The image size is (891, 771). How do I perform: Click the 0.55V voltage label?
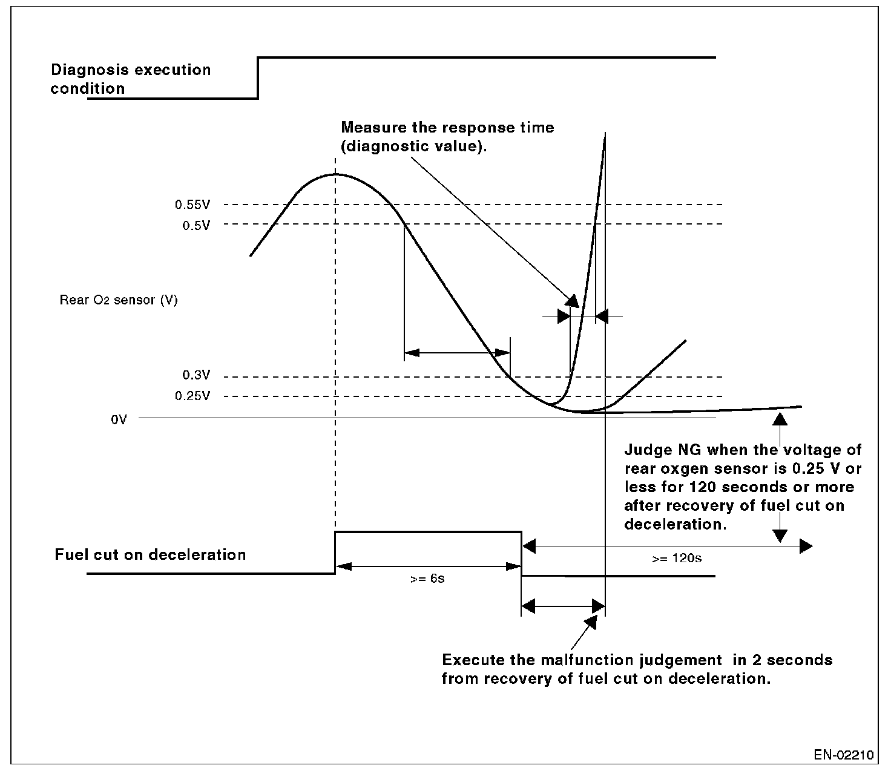pyautogui.click(x=192, y=205)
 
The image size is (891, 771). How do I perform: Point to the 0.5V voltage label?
pyautogui.click(x=196, y=225)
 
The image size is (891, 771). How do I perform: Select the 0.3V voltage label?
pyautogui.click(x=196, y=376)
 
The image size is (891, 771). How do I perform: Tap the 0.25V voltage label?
pyautogui.click(x=192, y=396)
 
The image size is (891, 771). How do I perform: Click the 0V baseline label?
pyautogui.click(x=119, y=419)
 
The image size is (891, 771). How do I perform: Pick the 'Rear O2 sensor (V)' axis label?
pyautogui.click(x=119, y=300)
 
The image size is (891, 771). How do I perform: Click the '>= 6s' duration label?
pyautogui.click(x=427, y=579)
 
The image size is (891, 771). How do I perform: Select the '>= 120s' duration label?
pyautogui.click(x=677, y=558)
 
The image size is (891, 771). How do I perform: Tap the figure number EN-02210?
pyautogui.click(x=844, y=755)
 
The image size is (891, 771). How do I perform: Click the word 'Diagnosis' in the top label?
pyautogui.click(x=89, y=70)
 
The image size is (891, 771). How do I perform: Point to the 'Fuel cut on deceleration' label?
pyautogui.click(x=150, y=555)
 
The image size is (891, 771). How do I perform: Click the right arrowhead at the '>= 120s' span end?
pyautogui.click(x=806, y=546)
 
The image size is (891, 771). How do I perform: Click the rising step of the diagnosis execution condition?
pyautogui.click(x=258, y=77)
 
